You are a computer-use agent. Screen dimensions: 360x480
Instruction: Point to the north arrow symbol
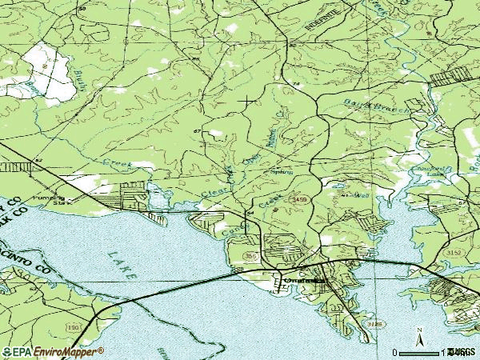[418, 334]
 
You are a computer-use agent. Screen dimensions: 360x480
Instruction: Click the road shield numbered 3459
[300, 198]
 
